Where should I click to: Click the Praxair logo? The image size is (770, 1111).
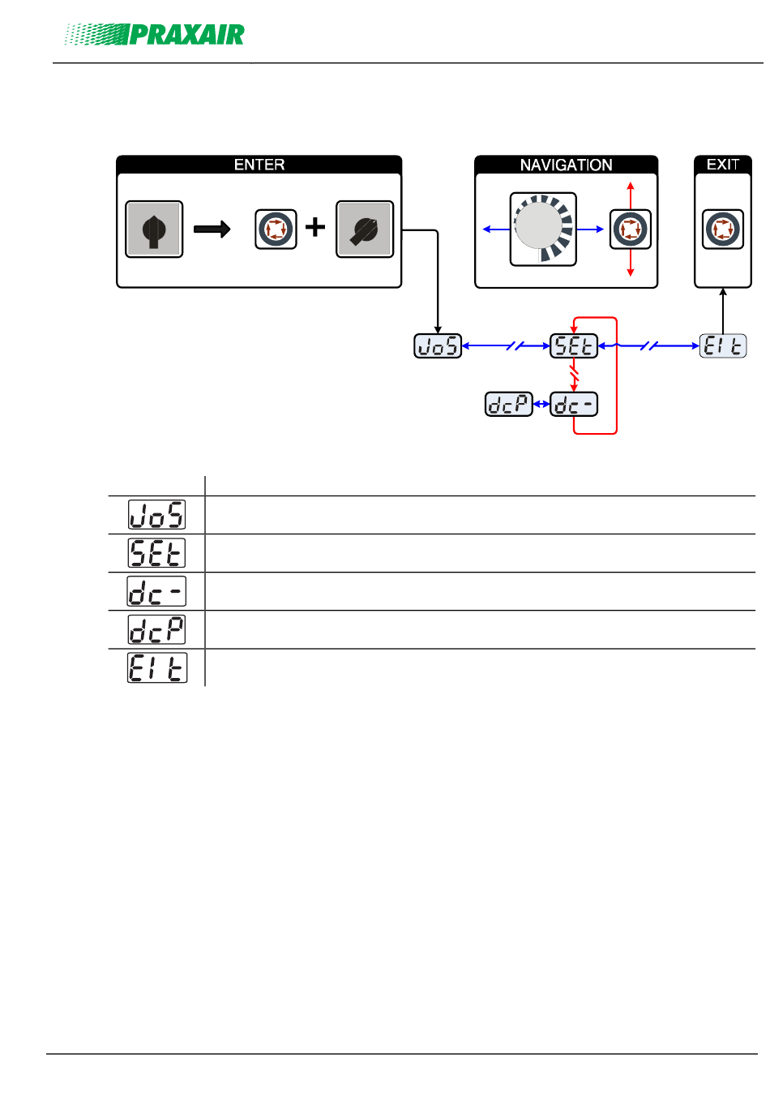coord(154,35)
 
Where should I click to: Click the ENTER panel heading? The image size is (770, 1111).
coord(259,165)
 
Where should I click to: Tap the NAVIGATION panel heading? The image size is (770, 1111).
coord(566,165)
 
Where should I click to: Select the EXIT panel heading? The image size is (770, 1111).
coord(722,165)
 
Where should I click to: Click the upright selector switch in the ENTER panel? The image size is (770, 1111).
coord(154,229)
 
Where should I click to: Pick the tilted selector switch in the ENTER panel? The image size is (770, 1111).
coord(365,229)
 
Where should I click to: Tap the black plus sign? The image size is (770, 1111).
coord(314,228)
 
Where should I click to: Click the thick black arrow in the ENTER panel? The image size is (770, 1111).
coord(212,229)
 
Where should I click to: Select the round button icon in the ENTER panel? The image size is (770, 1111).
coord(276,229)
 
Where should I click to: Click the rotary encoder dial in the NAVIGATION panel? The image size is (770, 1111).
coord(543,229)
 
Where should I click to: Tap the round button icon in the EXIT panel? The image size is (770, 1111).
coord(722,229)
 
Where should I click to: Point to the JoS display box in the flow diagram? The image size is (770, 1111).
coord(438,345)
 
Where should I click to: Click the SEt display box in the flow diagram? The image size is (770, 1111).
coord(574,345)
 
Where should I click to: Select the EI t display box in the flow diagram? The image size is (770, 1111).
coord(722,345)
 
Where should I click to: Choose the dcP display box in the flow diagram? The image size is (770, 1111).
coord(508,404)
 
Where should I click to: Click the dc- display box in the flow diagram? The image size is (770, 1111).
coord(574,404)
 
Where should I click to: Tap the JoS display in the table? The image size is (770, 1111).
coord(156,515)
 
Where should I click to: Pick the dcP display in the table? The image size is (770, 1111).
coord(156,629)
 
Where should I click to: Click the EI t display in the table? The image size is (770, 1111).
coord(157,667)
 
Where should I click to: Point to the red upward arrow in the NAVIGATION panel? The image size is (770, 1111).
coord(630,196)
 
